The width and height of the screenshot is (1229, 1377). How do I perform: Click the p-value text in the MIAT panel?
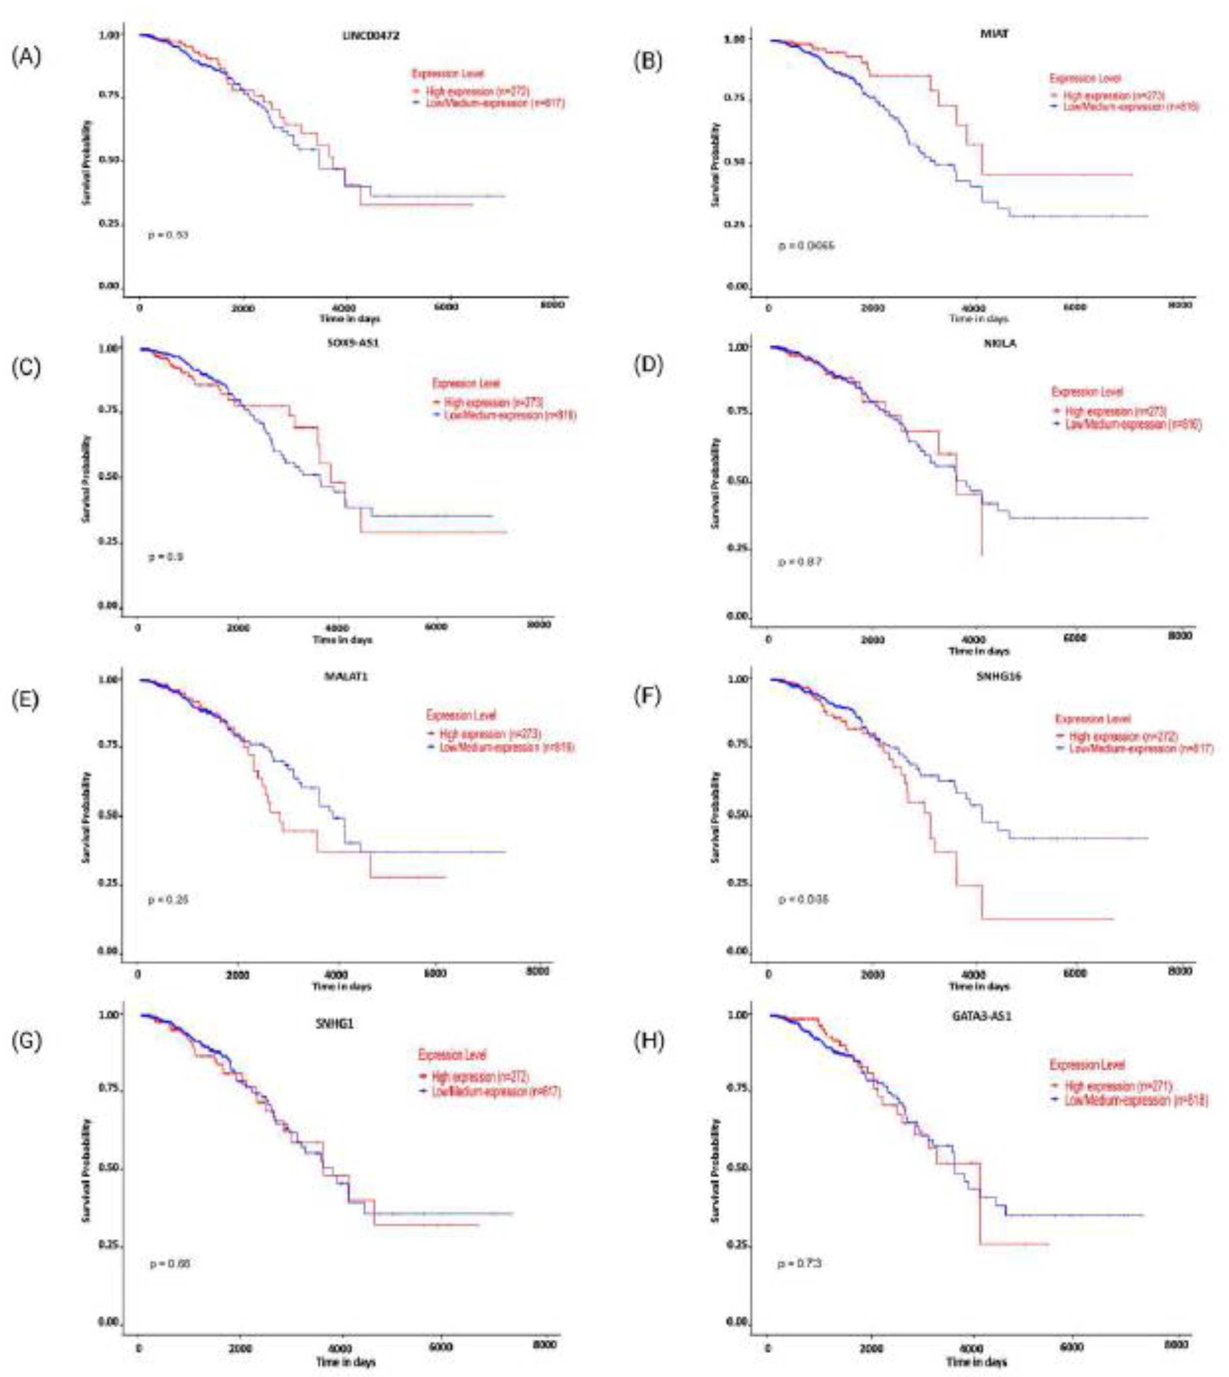(806, 246)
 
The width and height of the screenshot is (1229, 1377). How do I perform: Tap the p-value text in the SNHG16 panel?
(803, 899)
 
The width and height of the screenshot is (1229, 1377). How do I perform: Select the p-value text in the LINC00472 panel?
(168, 235)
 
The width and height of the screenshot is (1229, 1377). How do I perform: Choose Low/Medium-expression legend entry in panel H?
(1129, 1101)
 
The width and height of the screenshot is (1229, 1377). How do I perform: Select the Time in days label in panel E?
(342, 986)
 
